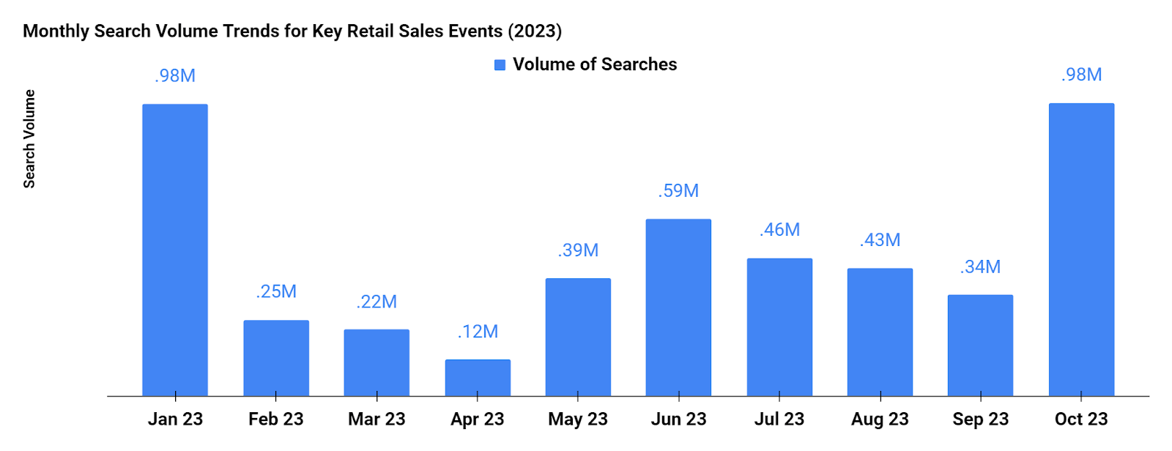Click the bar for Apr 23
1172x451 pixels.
click(x=478, y=378)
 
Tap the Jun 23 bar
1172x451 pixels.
click(x=678, y=307)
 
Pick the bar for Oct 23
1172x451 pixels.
click(x=1081, y=250)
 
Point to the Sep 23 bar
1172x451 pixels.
click(x=980, y=346)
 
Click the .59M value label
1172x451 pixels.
click(x=678, y=191)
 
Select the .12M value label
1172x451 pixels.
click(x=478, y=332)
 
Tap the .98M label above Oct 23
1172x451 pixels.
click(x=1081, y=75)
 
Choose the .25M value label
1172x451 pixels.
click(x=276, y=291)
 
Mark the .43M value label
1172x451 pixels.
click(x=880, y=240)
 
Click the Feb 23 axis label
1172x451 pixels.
click(x=275, y=420)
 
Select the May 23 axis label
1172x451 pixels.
click(x=578, y=420)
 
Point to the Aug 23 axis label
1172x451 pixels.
click(x=880, y=420)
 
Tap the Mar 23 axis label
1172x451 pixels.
click(x=377, y=420)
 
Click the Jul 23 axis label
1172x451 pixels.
click(x=779, y=420)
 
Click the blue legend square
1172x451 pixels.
click(x=500, y=65)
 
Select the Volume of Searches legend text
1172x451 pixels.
click(x=595, y=64)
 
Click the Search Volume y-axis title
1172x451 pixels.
click(x=29, y=139)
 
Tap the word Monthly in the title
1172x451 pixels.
click(x=56, y=31)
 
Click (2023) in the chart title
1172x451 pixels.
click(x=535, y=31)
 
